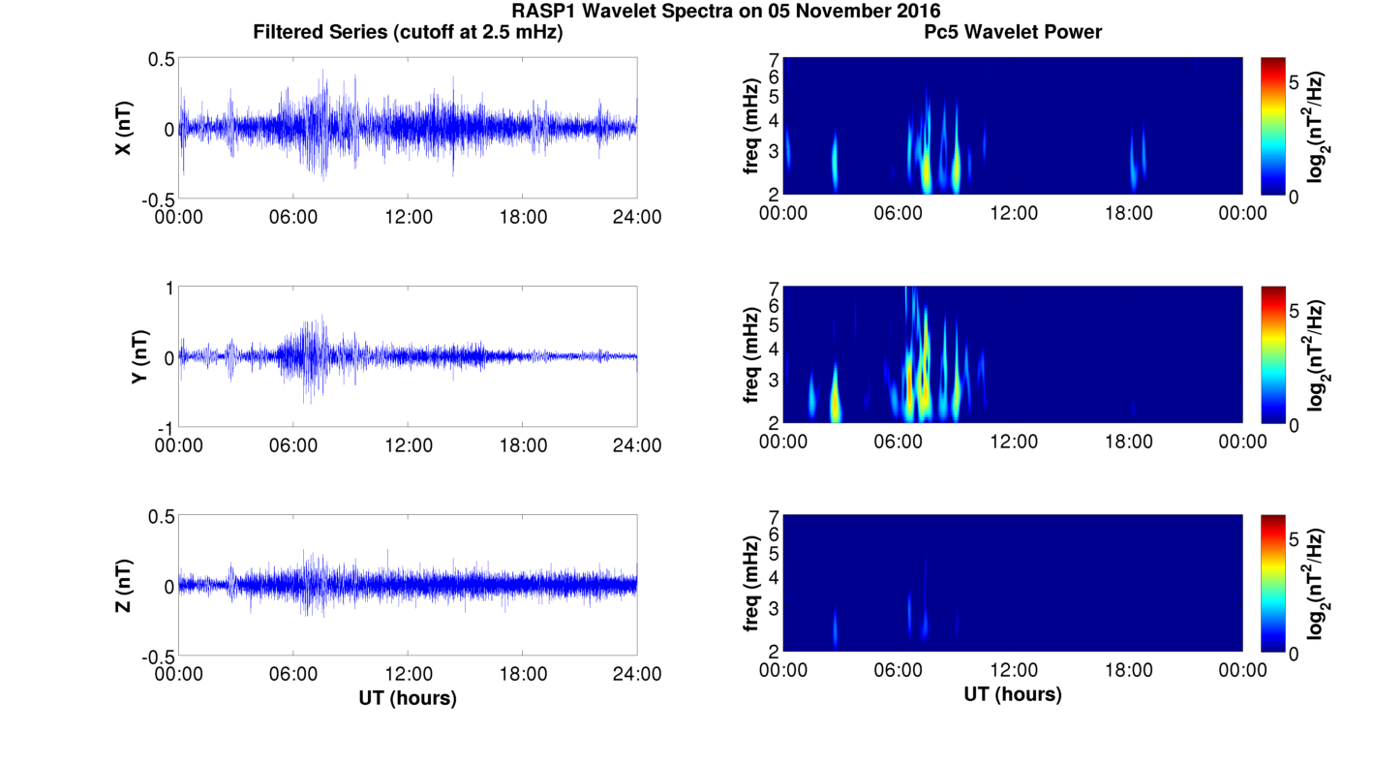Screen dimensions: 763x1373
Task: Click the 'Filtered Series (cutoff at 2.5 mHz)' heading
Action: tap(408, 32)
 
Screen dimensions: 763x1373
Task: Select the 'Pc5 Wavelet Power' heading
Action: tap(1013, 32)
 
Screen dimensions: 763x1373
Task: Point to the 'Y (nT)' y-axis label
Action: tap(139, 357)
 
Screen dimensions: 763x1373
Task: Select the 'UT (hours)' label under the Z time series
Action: tap(408, 697)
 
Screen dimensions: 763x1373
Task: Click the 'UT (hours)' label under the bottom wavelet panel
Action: tap(1013, 694)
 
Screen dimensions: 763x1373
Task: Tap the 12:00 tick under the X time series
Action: tap(409, 217)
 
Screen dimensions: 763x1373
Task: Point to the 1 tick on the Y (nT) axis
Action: tap(169, 289)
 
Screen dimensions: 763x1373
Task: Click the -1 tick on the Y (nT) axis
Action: tap(167, 428)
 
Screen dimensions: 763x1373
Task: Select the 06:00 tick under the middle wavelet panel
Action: tap(899, 443)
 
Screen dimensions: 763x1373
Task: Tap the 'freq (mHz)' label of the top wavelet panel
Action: tap(750, 127)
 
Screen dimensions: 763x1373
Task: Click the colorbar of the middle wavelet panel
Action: tap(1273, 354)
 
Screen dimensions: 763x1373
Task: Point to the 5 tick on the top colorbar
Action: tap(1295, 82)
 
